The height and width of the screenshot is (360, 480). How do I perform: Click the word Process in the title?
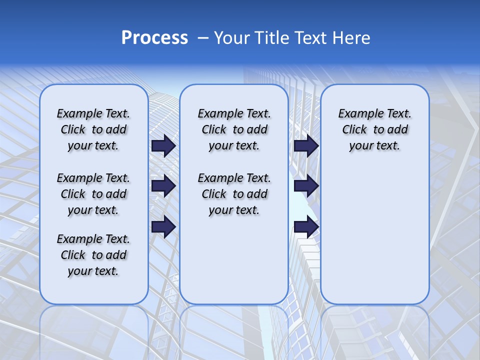[154, 37]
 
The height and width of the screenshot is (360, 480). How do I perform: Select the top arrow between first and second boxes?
[163, 145]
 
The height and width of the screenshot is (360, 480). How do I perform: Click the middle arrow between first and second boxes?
[163, 186]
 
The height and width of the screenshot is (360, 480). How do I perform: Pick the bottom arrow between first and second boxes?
[163, 226]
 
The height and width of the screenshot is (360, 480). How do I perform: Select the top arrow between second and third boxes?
[306, 145]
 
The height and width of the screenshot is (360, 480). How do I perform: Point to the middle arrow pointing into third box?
[306, 186]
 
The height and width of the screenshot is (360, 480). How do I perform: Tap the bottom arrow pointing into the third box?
[306, 226]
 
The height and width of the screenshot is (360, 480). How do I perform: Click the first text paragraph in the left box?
[93, 129]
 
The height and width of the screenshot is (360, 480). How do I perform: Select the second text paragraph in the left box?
[93, 194]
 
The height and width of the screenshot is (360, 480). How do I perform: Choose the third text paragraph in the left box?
[93, 255]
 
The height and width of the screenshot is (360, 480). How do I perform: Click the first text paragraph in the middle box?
[234, 129]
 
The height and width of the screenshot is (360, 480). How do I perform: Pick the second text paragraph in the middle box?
[234, 194]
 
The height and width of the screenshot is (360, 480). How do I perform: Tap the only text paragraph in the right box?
[374, 129]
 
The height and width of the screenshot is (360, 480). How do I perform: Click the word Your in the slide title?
[231, 37]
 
